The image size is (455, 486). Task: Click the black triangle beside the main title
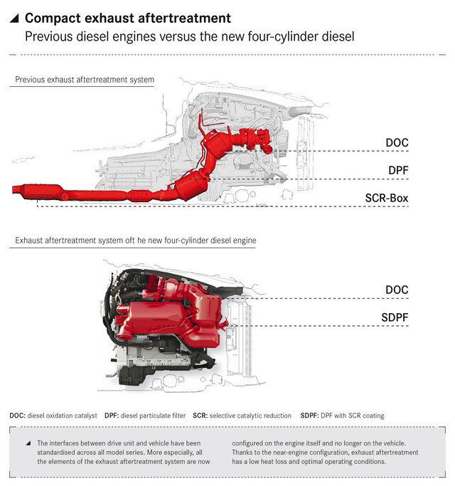14,19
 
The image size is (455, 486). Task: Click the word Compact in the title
53,18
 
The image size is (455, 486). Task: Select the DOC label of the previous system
397,143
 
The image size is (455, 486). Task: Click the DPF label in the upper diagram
399,171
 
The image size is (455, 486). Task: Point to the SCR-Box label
387,198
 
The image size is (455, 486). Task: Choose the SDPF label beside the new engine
395,317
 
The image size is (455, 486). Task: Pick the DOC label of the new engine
397,290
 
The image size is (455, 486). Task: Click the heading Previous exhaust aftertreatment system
85,80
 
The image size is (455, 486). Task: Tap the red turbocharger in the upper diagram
256,139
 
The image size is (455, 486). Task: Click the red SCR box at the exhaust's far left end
38,191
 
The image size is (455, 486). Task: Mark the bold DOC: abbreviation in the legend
18,416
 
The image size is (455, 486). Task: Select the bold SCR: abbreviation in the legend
200,416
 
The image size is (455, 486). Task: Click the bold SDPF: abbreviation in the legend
310,416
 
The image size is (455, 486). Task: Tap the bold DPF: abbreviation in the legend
112,416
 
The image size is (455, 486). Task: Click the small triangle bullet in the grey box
28,443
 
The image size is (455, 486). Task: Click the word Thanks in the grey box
242,453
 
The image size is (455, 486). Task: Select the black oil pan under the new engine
132,375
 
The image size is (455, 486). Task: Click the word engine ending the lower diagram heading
245,241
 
